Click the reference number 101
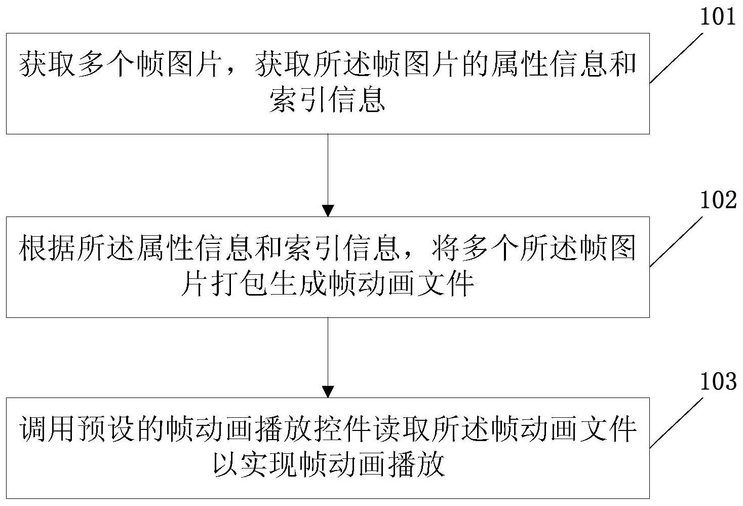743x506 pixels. click(x=718, y=17)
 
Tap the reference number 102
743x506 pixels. click(x=718, y=201)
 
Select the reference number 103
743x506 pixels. click(x=718, y=382)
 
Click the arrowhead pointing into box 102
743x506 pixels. click(x=328, y=210)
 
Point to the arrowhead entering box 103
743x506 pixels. click(x=328, y=391)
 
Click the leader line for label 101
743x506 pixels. click(x=677, y=57)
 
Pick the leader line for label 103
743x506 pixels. click(x=677, y=422)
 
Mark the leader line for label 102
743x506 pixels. click(x=677, y=241)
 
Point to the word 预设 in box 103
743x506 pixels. click(x=107, y=430)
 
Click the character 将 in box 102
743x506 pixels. click(x=431, y=249)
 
